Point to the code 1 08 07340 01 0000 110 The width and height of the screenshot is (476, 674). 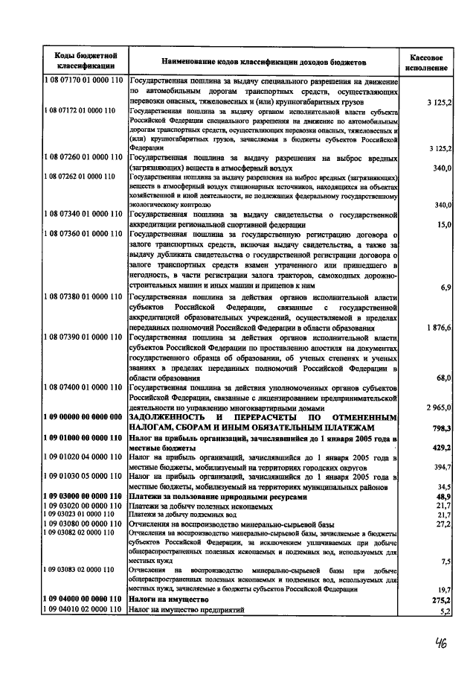(x=83, y=215)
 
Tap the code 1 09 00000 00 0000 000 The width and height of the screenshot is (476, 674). (x=83, y=418)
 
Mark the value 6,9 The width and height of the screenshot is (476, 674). (x=446, y=286)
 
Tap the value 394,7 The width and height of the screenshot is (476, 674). (x=443, y=467)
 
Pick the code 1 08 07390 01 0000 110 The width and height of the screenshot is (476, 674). (x=83, y=338)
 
